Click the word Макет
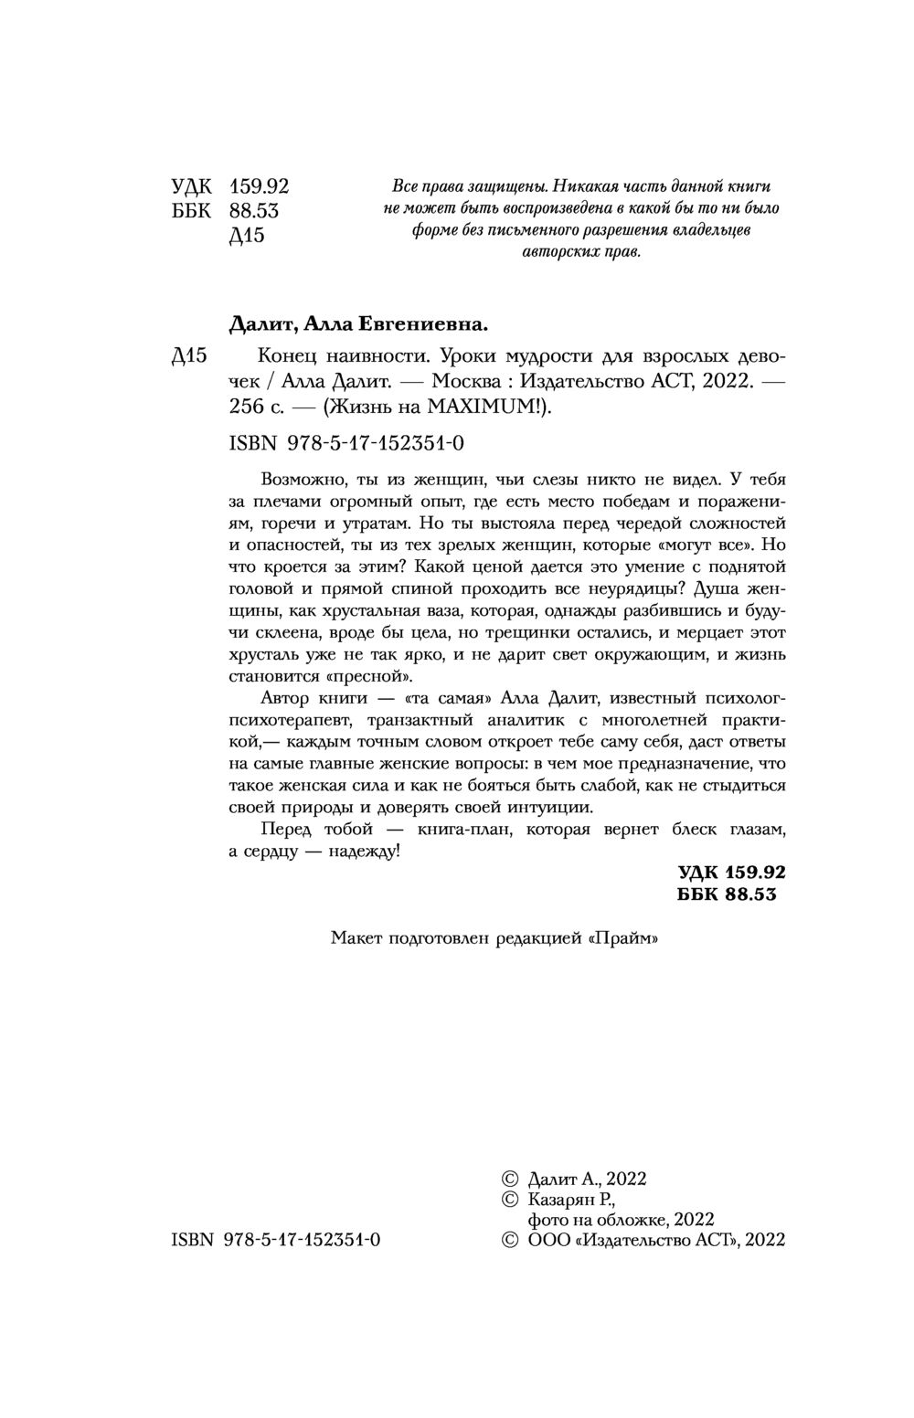pyautogui.click(x=357, y=937)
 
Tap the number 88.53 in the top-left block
pyautogui.click(x=254, y=211)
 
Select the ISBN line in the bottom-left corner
pyautogui.click(x=275, y=1239)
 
